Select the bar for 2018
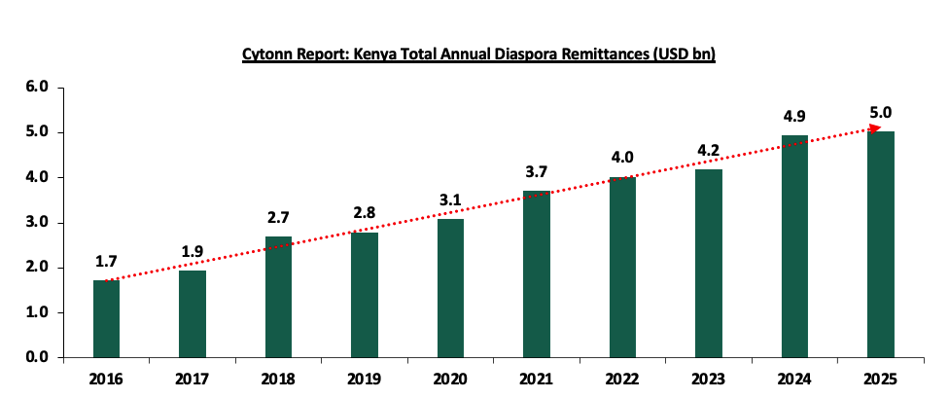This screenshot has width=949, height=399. pos(278,296)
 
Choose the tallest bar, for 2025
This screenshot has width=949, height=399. pos(881,243)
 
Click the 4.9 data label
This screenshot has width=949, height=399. pos(795,117)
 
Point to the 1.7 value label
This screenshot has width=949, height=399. pos(106,261)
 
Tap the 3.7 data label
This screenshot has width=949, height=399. pos(537,171)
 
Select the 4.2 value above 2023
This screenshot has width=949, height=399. pos(709,150)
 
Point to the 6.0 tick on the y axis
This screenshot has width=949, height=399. pos(37,88)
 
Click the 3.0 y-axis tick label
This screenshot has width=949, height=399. pos(37,223)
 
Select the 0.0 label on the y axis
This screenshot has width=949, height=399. pos(37,358)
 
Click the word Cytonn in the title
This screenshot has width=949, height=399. pos(267,55)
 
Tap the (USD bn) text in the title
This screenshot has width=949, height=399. pos(686,55)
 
